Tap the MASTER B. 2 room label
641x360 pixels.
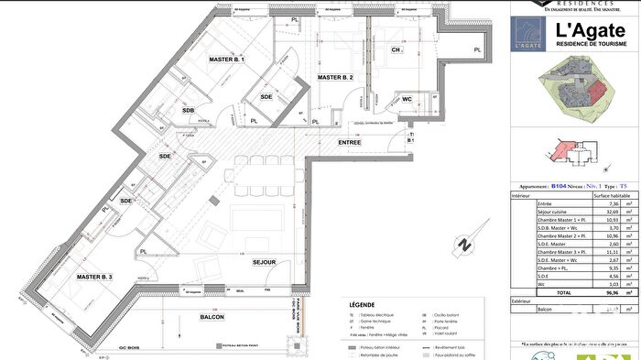pos(335,78)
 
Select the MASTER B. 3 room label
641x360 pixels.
pos(94,277)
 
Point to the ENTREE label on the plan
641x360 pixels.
pos(350,143)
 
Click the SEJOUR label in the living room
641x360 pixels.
pos(265,263)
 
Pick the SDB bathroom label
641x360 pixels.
pos(188,111)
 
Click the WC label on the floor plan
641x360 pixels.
pos(407,98)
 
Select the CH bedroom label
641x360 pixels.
pos(397,50)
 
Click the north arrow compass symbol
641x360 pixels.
pos(463,245)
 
